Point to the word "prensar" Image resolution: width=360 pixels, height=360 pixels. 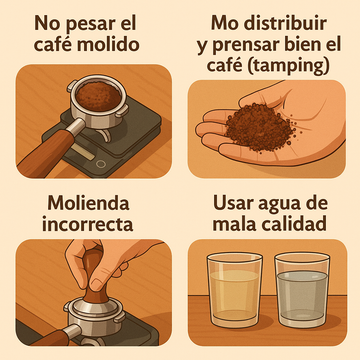pyautogui.click(x=246, y=45)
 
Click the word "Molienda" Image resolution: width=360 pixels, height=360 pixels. pyautogui.click(x=88, y=203)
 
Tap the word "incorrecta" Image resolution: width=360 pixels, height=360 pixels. pyautogui.click(x=87, y=224)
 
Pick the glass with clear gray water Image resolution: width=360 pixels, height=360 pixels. pyautogui.click(x=302, y=289)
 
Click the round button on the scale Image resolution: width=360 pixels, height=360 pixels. pyautogui.click(x=100, y=164)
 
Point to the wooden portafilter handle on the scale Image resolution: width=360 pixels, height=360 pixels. pyautogui.click(x=47, y=152)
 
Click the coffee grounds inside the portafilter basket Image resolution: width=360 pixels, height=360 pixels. pyautogui.click(x=98, y=97)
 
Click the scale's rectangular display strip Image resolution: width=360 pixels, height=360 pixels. pyautogui.click(x=82, y=151)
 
